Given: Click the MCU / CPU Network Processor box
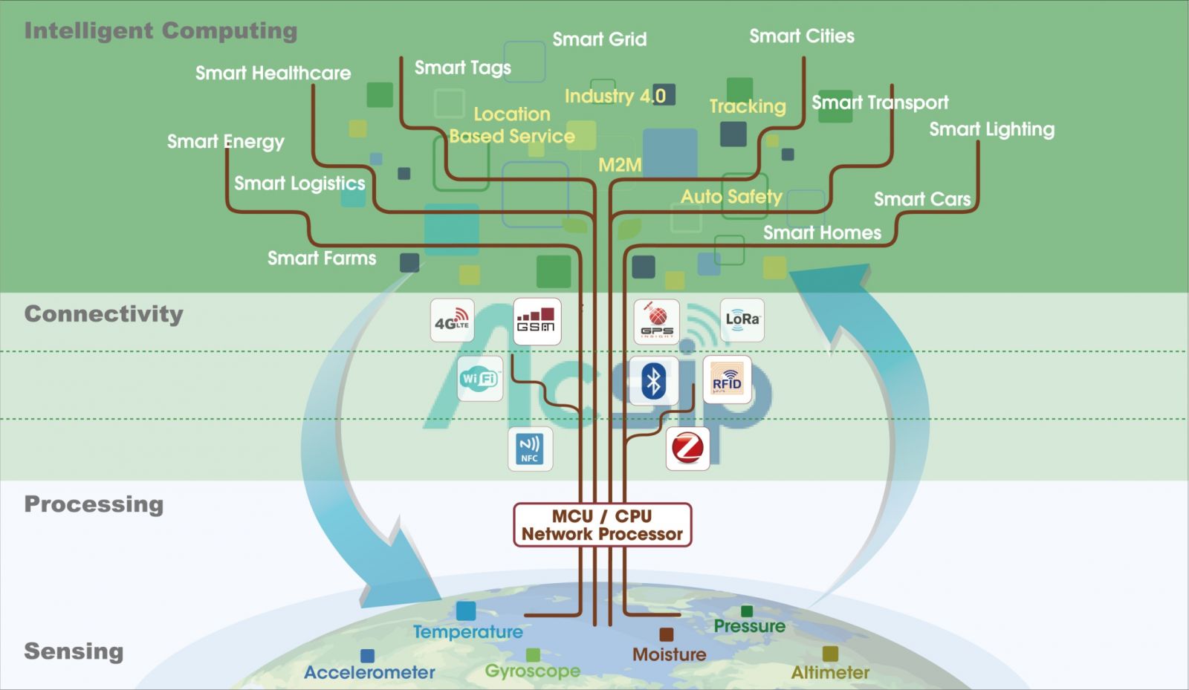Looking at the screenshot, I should (602, 525).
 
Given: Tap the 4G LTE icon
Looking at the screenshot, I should (452, 321).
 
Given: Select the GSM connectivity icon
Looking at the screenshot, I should (537, 321).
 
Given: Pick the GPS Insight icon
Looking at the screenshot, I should (657, 322).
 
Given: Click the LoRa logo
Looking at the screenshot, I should (742, 320).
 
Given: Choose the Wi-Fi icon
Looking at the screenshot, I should (480, 379).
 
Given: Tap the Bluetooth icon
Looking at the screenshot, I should (653, 381).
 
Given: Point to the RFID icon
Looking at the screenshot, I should (727, 380).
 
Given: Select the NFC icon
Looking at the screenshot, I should (530, 449).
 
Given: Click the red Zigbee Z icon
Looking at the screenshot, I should (687, 448).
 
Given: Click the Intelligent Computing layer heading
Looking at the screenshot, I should (161, 30).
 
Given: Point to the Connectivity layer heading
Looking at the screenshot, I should (103, 313).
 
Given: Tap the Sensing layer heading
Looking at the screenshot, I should (74, 651).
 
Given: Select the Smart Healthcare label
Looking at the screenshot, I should (273, 73).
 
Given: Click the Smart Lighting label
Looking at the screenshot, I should (991, 129).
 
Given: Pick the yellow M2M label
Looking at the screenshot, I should (620, 165).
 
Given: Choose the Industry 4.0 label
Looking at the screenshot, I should (615, 96).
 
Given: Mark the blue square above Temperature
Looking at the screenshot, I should (466, 611).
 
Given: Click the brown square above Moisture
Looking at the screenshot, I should (667, 634).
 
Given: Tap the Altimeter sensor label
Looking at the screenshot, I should (830, 672).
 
